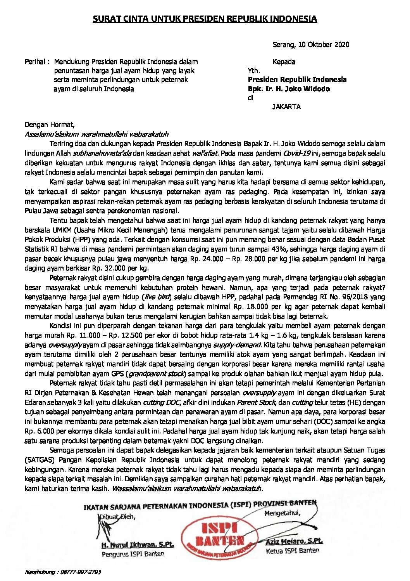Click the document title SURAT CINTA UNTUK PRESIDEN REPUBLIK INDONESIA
[205, 19]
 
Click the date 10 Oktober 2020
[324, 45]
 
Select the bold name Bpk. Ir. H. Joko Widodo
[289, 89]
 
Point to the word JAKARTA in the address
[286, 107]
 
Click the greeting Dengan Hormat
[49, 125]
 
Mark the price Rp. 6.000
[41, 431]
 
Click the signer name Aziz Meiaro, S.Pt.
[295, 541]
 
